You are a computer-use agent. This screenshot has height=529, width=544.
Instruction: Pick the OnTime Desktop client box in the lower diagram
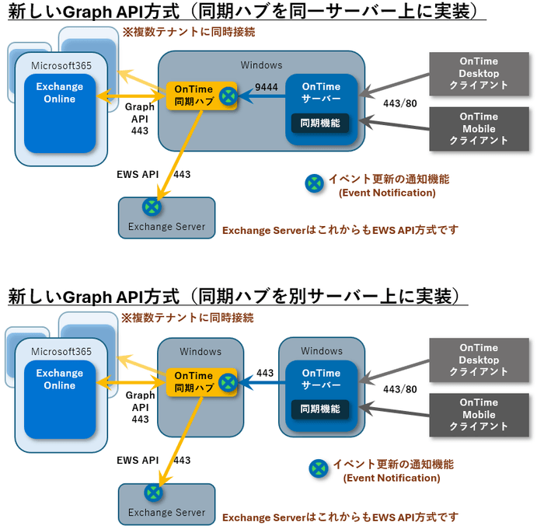click(x=479, y=360)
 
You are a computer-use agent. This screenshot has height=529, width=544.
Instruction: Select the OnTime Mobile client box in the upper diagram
click(x=479, y=129)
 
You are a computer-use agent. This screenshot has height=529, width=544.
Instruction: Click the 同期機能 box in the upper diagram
click(x=320, y=122)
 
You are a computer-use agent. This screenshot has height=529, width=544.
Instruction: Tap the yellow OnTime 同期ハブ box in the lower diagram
click(x=194, y=382)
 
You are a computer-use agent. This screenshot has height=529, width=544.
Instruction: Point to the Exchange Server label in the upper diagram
click(x=166, y=227)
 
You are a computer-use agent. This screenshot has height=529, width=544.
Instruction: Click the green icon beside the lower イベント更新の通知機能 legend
click(x=318, y=468)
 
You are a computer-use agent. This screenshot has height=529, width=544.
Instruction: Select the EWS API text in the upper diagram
click(x=138, y=176)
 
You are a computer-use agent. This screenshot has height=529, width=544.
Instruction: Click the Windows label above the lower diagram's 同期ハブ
click(x=201, y=351)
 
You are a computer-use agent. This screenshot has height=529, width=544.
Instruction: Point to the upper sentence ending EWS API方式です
click(x=340, y=230)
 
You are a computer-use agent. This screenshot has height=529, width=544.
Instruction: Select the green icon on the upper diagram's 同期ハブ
click(x=227, y=96)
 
